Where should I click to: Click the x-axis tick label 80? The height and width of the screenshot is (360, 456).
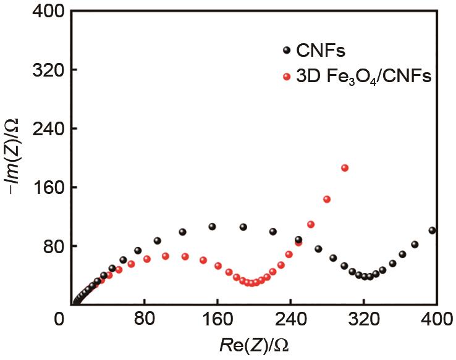click(144, 322)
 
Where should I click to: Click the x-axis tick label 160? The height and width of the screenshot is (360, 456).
click(217, 322)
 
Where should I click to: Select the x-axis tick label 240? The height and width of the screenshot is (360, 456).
click(290, 322)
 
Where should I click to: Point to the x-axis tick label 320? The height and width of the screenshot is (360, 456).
click(363, 322)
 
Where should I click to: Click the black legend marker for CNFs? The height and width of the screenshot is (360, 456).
click(285, 51)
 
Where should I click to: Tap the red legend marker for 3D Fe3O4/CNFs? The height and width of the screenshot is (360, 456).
click(285, 77)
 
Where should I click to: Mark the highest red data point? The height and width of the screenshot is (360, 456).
click(345, 168)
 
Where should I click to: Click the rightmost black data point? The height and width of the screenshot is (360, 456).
click(432, 230)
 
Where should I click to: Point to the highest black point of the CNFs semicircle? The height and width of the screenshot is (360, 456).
click(212, 227)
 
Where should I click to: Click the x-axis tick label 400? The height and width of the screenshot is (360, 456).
click(434, 322)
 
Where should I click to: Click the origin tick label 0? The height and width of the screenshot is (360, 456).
click(59, 322)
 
